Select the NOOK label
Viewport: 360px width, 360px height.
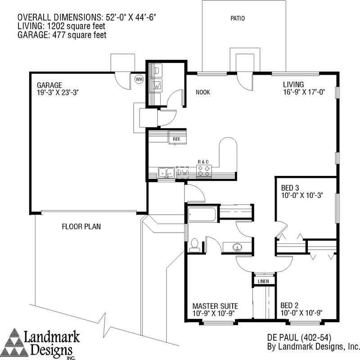point(203,93)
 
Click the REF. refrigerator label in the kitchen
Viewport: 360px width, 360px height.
point(177,139)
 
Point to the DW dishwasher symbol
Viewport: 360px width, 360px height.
point(183,172)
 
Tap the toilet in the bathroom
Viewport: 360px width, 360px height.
point(195,244)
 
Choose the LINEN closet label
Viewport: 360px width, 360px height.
point(263,282)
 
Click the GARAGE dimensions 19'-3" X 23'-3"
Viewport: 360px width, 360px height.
point(58,93)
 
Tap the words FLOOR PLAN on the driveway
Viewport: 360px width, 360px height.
point(81,226)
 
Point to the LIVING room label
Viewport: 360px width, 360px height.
point(293,84)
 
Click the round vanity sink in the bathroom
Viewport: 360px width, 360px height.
point(237,246)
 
